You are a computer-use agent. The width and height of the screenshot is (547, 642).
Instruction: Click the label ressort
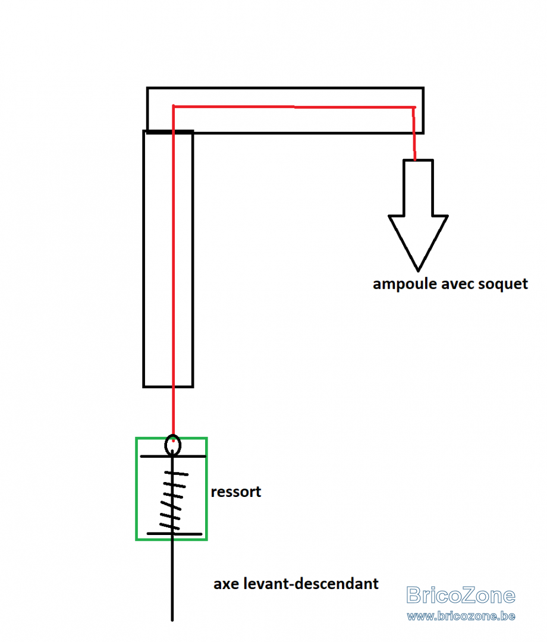point(236,492)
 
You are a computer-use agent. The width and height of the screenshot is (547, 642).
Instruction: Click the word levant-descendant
point(311,583)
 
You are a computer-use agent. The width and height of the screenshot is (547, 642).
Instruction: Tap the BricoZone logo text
point(461,595)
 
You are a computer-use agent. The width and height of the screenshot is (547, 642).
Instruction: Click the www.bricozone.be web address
point(461,616)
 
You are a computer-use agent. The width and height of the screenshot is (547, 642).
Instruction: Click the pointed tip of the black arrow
point(418,270)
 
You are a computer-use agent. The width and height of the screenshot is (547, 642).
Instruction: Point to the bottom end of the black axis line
point(172,620)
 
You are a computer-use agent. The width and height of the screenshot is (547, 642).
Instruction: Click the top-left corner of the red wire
point(174,106)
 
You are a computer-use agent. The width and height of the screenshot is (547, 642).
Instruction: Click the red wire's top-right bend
point(414,108)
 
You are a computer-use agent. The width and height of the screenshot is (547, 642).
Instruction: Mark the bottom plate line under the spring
point(174,534)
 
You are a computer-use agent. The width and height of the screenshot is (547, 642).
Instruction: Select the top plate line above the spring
point(173,456)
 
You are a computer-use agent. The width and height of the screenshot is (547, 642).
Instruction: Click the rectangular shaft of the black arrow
point(418,187)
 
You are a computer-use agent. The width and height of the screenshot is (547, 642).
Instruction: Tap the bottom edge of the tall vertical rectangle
point(168,386)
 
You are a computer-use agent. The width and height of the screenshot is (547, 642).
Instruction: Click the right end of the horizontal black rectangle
point(423,110)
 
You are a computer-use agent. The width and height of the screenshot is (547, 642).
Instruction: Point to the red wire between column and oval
point(173,411)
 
